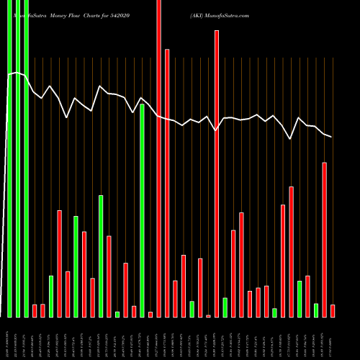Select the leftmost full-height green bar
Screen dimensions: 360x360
9,158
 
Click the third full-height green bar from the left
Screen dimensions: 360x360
26,158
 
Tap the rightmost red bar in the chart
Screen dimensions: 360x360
333,310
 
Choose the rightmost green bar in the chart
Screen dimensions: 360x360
316,310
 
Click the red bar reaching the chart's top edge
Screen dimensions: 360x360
159,158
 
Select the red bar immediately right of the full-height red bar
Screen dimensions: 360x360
167,183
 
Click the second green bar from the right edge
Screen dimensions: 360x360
300,299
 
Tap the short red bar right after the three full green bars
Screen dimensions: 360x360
35,310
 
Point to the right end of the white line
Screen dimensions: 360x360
332,137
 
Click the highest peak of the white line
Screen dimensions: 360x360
17,72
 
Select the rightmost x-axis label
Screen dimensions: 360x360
333,338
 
